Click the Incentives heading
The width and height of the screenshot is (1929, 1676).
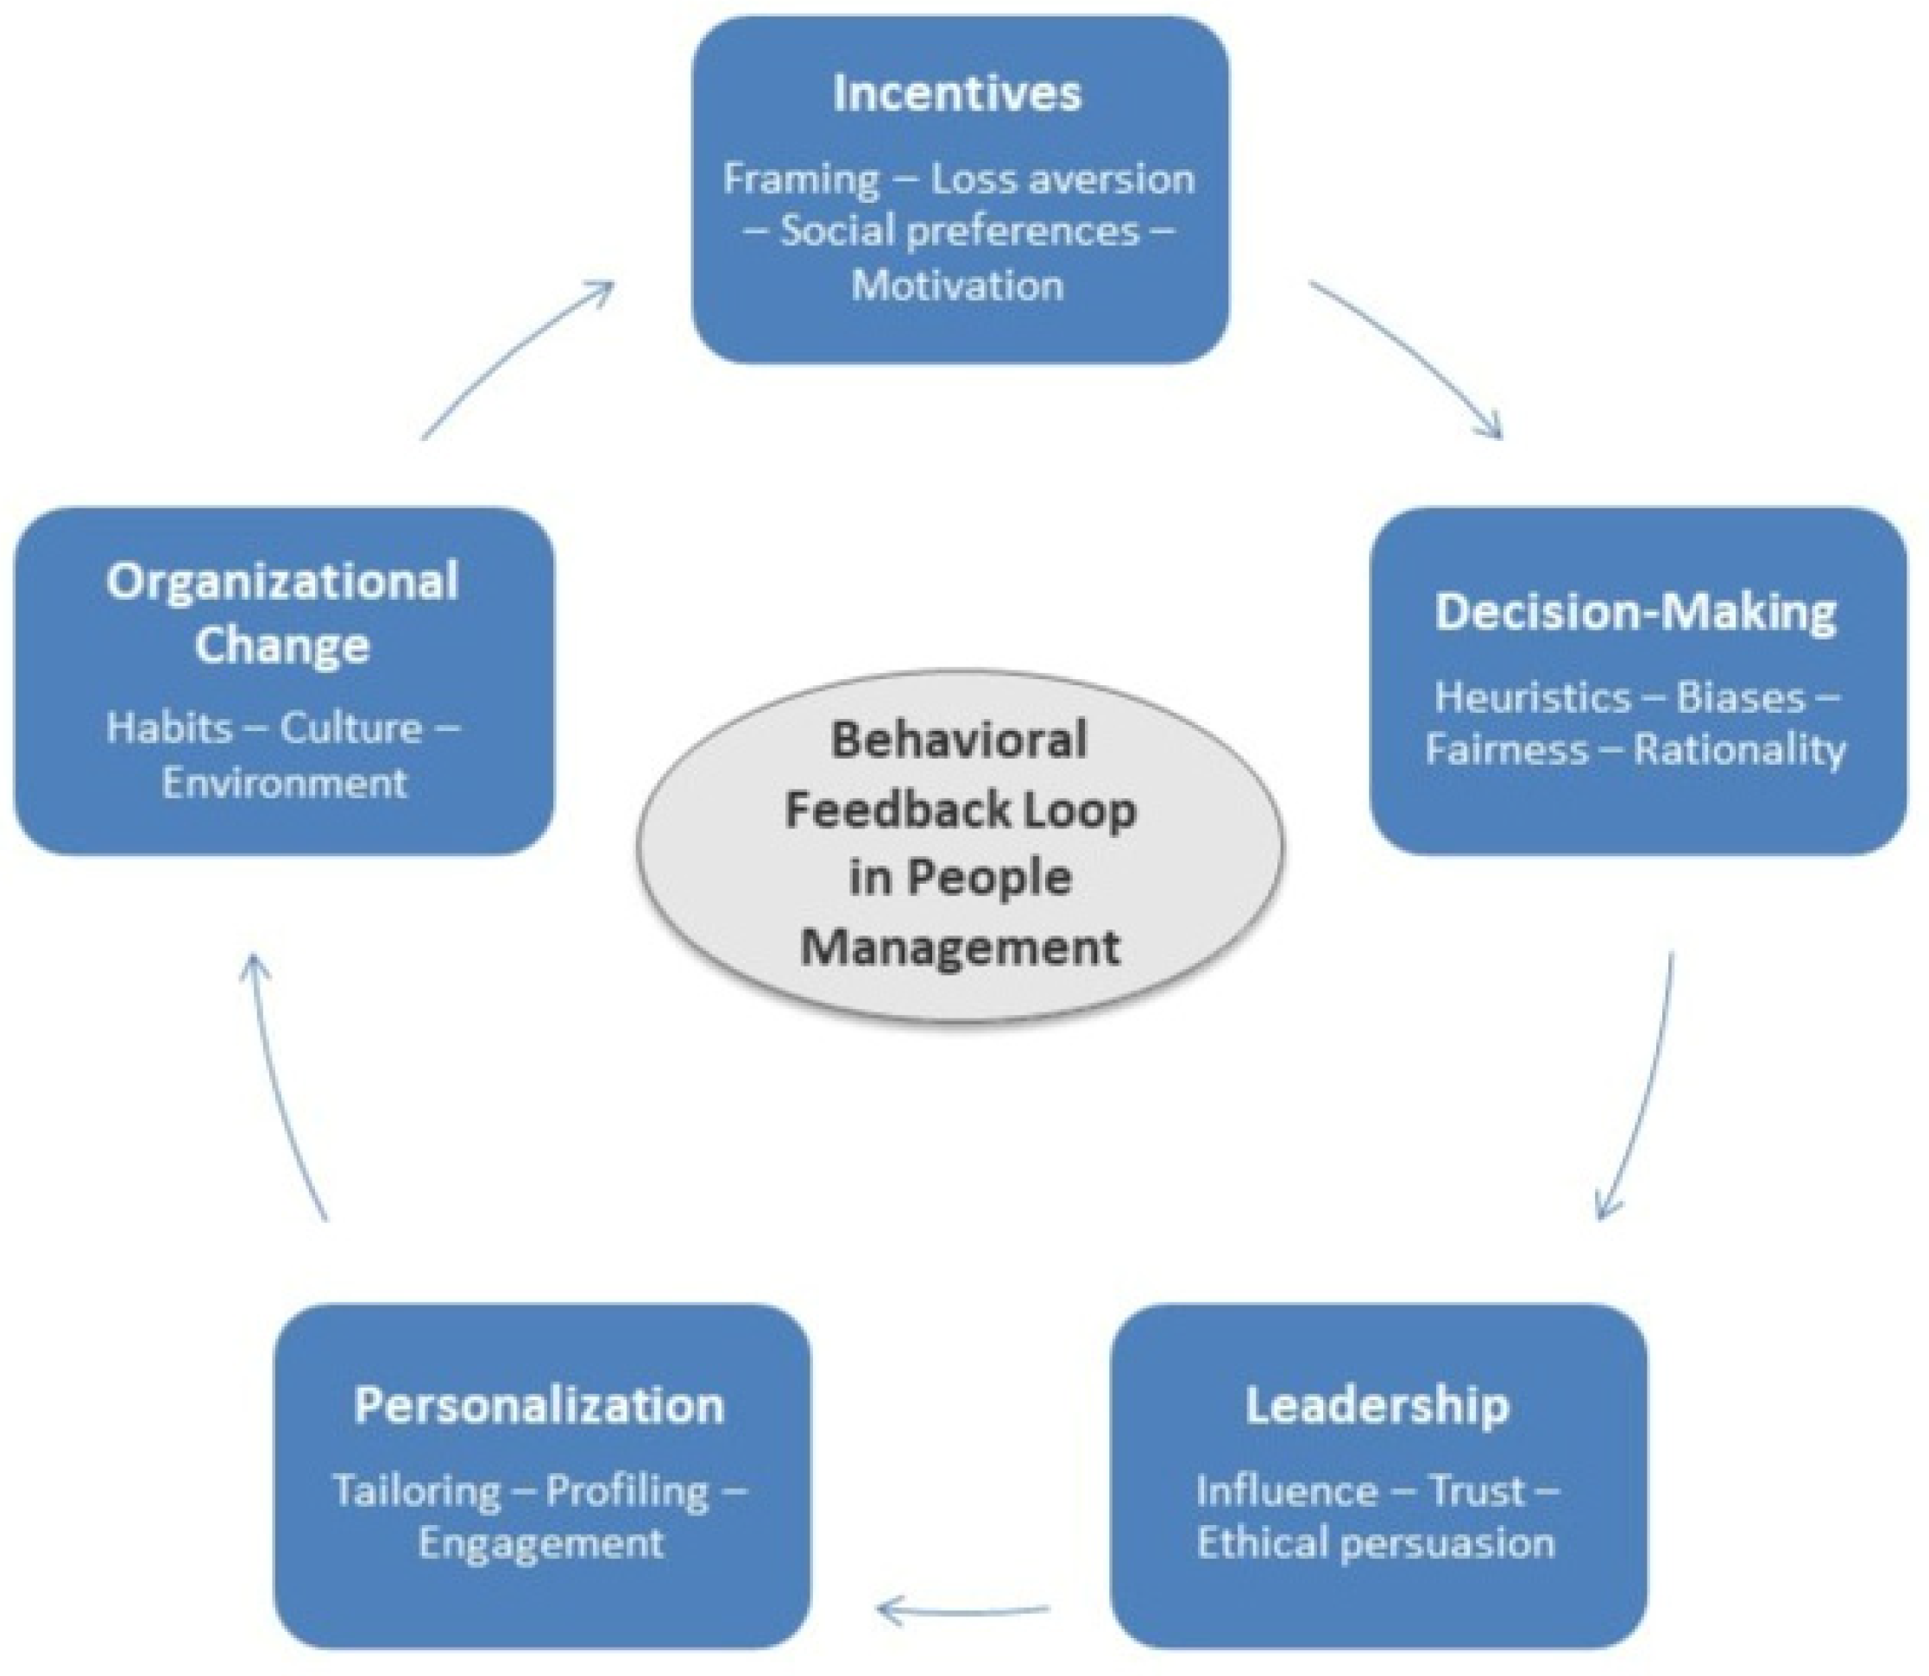[x=957, y=93]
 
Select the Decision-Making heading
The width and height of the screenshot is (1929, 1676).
[x=1636, y=613]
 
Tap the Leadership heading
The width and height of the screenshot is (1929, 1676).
[x=1377, y=1405]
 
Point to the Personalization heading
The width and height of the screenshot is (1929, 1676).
[x=539, y=1405]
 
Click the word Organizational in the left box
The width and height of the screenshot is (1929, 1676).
[x=282, y=582]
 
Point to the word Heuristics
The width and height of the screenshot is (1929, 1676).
[x=1532, y=697]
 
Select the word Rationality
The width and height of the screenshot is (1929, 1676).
[x=1740, y=750]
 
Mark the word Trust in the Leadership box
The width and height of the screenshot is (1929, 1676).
[x=1478, y=1490]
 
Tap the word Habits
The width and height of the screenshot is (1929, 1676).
[x=169, y=728]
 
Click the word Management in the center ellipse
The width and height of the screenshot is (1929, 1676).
[x=960, y=947]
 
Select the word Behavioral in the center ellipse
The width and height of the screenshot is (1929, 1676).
[x=960, y=740]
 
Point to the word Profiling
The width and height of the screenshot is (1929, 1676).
[x=627, y=1490]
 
